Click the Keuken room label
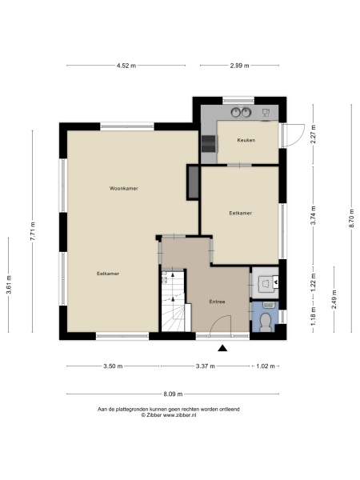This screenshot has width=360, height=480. [x=246, y=141]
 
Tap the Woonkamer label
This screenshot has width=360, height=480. [x=124, y=189]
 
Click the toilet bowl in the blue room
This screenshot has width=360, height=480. [x=266, y=322]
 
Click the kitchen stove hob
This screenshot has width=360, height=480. [x=209, y=143]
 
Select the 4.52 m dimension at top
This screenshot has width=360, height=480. [x=127, y=66]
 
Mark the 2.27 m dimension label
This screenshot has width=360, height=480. [x=313, y=135]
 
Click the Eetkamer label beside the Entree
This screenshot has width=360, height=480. [x=240, y=214]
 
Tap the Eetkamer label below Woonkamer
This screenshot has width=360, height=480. [x=108, y=274]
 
